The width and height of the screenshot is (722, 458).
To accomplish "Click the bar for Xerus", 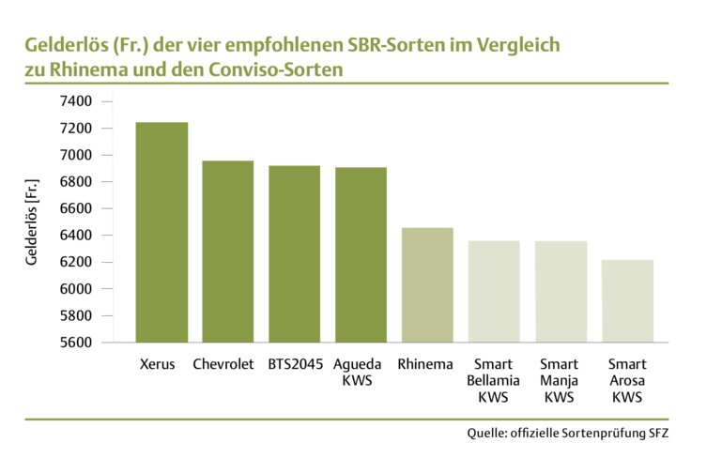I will (x=161, y=232).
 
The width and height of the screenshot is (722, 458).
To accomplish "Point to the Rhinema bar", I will (x=427, y=284).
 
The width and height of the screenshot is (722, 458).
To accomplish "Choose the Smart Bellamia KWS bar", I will (x=494, y=291).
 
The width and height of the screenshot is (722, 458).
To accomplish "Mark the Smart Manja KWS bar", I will (x=561, y=291).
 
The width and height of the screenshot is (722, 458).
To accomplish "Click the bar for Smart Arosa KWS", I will (x=627, y=300).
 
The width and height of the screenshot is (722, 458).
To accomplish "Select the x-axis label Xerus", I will (x=157, y=364).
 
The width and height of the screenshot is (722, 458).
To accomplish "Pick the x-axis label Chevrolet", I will (x=223, y=364).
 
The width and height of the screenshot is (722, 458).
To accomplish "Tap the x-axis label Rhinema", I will (x=425, y=364).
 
